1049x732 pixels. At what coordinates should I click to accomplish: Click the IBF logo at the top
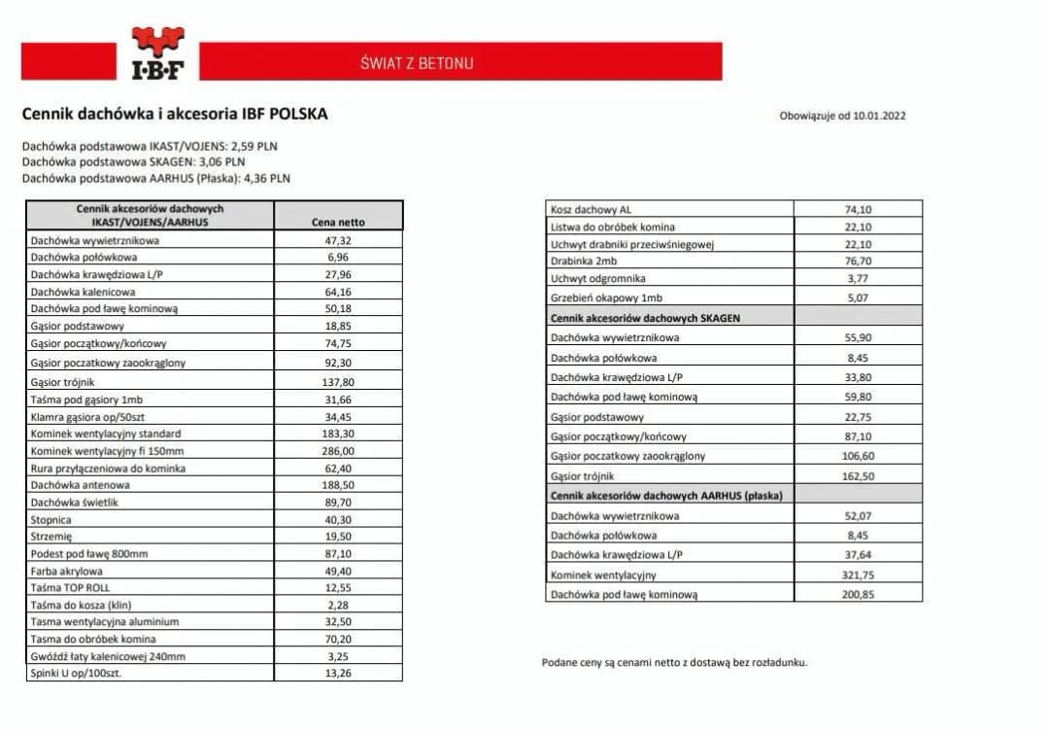coord(157,53)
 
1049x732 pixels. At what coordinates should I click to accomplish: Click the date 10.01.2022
coord(879,116)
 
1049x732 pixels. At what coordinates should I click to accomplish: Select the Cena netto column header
coord(338,223)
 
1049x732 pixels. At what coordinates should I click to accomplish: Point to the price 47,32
coord(338,240)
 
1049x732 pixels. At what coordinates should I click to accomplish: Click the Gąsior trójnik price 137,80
coord(338,382)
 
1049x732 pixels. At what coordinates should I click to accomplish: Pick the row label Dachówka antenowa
coord(80,484)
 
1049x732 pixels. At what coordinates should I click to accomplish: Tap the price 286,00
coord(338,451)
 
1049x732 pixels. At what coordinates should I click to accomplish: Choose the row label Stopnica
coord(52,519)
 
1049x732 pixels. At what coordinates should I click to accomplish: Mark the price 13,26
coord(338,673)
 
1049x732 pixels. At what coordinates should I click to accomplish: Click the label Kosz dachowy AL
coord(591,209)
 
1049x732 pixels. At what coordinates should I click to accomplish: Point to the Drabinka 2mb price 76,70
coord(858,261)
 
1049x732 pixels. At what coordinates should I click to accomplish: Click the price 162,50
coord(858,476)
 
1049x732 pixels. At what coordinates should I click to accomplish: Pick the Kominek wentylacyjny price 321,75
coord(858,575)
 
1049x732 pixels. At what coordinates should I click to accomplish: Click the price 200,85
coord(858,594)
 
